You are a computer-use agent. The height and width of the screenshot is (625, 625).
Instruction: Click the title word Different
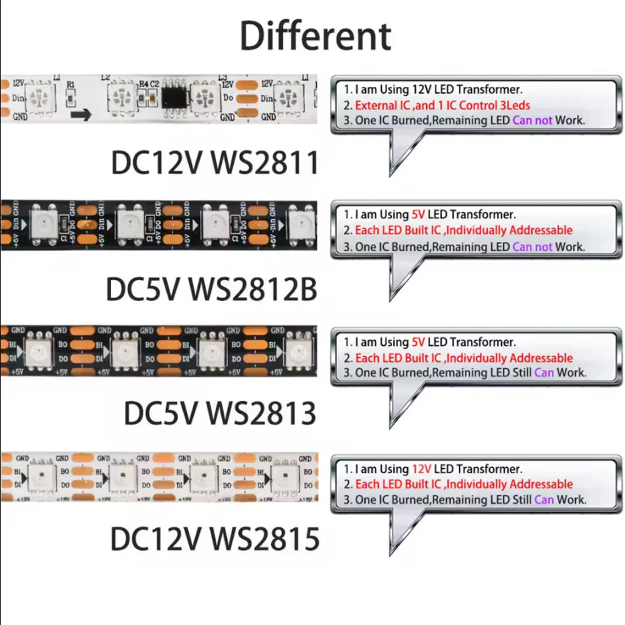[x=316, y=36]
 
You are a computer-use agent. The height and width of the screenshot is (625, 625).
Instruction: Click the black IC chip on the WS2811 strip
[x=175, y=97]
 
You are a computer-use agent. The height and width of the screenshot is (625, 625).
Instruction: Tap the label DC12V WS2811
[x=214, y=162]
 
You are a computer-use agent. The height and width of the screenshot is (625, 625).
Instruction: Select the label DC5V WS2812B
[x=211, y=289]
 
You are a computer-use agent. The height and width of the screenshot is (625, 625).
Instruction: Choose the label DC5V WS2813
[x=220, y=413]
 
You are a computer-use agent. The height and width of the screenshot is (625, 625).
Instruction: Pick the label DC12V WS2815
[x=214, y=539]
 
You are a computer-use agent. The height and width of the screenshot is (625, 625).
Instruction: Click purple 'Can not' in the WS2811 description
[x=532, y=120]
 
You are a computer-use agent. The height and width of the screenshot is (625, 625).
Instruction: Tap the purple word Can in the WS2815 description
[x=544, y=499]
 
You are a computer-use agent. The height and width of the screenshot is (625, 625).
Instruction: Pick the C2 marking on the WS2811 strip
[x=154, y=82]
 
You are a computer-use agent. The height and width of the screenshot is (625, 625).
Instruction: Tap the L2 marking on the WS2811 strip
[x=105, y=77]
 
